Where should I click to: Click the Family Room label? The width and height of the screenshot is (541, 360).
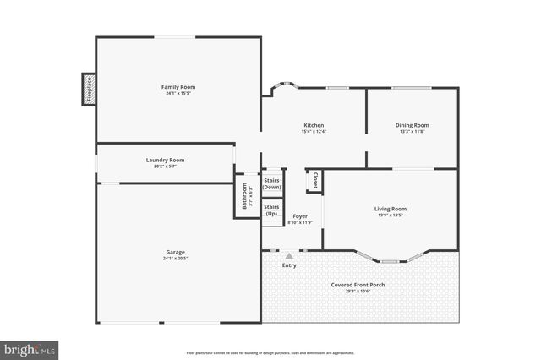click(x=178, y=87)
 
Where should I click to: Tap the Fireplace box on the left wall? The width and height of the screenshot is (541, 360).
click(x=88, y=89)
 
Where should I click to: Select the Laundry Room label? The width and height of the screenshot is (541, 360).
click(x=165, y=160)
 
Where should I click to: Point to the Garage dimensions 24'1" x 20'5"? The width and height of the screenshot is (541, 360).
click(x=175, y=259)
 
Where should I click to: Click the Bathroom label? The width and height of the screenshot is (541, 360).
click(x=245, y=197)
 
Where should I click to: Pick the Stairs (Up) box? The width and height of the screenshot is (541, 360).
click(x=271, y=210)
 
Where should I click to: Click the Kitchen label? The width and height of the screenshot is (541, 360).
click(x=314, y=125)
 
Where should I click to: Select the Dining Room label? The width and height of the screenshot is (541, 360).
click(x=413, y=125)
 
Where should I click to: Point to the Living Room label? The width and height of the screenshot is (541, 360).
click(x=391, y=209)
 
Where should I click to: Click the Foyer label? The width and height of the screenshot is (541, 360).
click(x=300, y=216)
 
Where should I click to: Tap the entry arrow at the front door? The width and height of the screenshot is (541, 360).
click(x=289, y=254)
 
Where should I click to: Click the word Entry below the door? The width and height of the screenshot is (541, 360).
click(x=289, y=265)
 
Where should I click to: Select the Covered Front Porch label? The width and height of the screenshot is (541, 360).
click(x=358, y=285)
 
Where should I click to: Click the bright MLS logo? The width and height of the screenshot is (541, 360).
click(x=30, y=348)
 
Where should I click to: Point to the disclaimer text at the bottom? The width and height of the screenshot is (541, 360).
click(x=270, y=352)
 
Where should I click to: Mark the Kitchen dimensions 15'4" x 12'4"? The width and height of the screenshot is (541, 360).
click(x=314, y=132)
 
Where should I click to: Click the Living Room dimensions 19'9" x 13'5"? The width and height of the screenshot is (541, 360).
click(x=391, y=215)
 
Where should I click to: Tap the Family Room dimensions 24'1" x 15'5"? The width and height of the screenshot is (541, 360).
click(x=178, y=94)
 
